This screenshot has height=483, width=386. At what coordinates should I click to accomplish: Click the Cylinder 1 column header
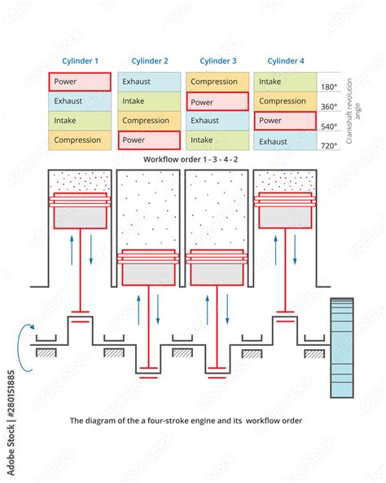coord(80,61)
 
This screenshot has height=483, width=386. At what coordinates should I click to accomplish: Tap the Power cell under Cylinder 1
coord(80,82)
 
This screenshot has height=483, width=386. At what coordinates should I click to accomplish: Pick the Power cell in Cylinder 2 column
coord(148,140)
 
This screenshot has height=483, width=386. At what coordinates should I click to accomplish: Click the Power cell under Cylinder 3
coord(217,102)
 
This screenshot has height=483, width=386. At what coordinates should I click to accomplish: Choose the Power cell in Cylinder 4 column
coord(285,122)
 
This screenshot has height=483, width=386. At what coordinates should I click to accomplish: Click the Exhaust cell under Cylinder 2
coord(148,82)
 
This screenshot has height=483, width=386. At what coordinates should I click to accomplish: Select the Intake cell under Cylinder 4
coord(285,82)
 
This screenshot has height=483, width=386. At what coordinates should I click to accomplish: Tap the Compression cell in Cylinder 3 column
coord(217,82)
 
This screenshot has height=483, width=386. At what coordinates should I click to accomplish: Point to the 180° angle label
coord(330,86)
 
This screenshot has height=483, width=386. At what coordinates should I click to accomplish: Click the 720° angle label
coord(330,145)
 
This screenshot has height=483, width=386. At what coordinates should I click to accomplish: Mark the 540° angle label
coord(330,126)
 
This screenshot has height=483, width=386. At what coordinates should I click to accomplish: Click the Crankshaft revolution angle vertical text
coord(349,113)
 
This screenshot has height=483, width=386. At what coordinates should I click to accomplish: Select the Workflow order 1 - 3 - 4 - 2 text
coord(191,160)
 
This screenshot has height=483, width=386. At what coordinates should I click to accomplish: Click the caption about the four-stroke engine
coord(186,421)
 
